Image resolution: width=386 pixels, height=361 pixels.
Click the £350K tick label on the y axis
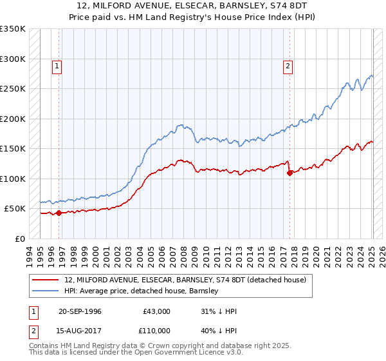(13, 29)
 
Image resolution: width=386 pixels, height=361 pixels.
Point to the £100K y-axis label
(13, 179)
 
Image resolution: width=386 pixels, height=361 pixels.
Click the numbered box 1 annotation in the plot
(57, 65)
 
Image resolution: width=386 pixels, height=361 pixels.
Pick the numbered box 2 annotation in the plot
(288, 65)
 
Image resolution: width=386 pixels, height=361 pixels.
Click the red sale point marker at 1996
(59, 213)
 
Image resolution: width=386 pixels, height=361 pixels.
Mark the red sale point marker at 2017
(289, 173)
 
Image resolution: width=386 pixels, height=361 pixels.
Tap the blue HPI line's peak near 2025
(371, 75)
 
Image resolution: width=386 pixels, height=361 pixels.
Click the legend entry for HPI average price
(142, 291)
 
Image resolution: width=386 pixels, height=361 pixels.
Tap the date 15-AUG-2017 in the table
(80, 329)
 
